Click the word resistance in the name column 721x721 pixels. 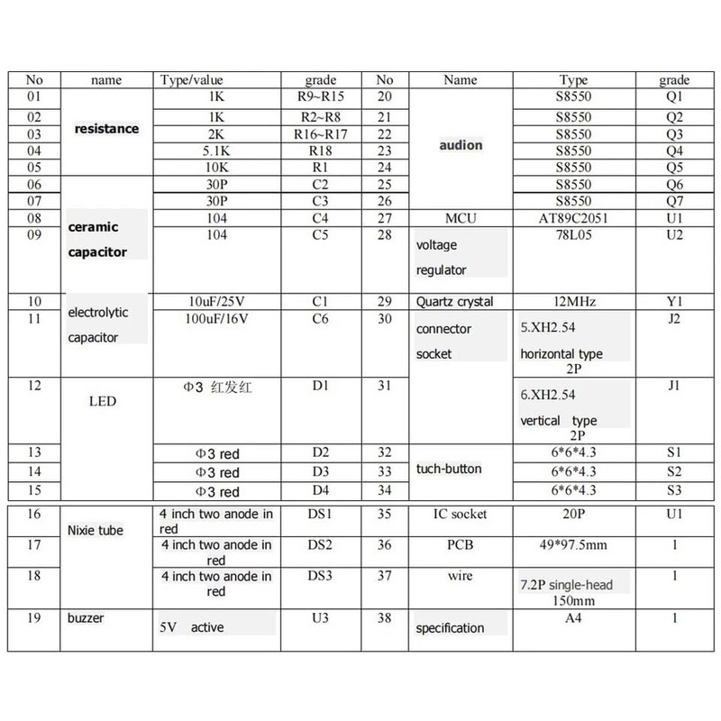tap(106, 129)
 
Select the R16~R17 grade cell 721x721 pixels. tap(320, 133)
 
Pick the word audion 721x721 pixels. tap(461, 145)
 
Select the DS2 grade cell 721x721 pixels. tap(320, 544)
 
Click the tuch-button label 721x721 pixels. tap(449, 469)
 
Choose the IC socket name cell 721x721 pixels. tap(461, 514)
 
